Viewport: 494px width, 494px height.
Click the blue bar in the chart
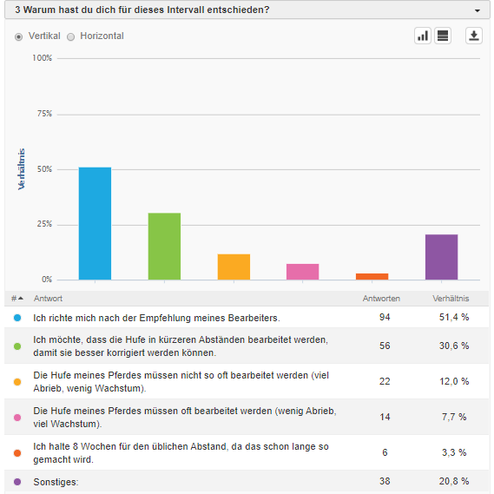point(95,223)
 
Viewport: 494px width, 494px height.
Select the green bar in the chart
point(164,247)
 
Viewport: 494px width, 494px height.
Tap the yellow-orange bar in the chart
point(234,267)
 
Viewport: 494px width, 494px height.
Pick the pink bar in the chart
point(302,272)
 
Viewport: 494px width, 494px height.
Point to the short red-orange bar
point(372,276)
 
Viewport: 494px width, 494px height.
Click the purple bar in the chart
point(441,257)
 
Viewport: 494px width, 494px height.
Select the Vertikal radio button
point(18,36)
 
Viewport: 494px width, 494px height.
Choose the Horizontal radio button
point(71,36)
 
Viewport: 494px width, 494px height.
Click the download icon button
point(474,36)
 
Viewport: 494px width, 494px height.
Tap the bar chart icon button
point(423,36)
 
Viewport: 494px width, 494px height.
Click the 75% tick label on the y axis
point(44,114)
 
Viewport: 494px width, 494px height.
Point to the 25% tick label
point(44,224)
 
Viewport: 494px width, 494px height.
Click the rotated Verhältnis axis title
point(21,169)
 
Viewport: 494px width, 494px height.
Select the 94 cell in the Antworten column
point(385,317)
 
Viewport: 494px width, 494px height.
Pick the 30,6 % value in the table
point(454,346)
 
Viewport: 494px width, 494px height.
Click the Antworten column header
point(381,299)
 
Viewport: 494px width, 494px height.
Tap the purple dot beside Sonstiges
point(17,482)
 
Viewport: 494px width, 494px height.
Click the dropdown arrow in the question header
point(478,10)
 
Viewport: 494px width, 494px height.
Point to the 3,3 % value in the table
point(454,452)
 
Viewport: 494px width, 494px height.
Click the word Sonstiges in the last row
point(55,482)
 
